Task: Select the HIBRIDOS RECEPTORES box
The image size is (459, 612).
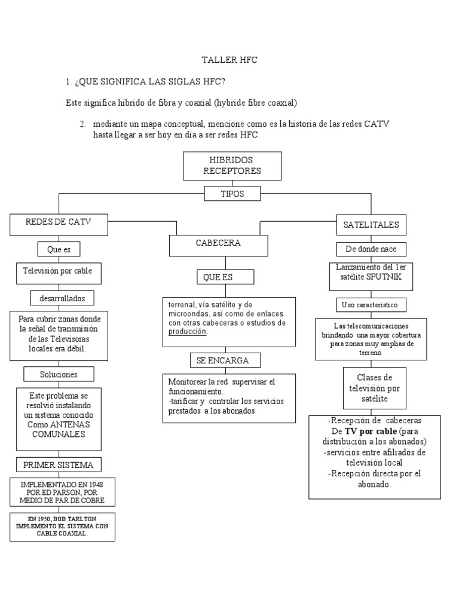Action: [232, 166]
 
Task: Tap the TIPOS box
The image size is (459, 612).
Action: [232, 194]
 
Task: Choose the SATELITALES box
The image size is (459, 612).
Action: [371, 225]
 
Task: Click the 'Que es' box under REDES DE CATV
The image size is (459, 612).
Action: [59, 249]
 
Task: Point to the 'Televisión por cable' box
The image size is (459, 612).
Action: [59, 271]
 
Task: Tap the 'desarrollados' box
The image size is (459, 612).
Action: [62, 297]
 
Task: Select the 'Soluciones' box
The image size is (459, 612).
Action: [59, 375]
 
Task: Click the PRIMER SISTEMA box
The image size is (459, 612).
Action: [58, 465]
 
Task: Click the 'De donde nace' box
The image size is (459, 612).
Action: [371, 249]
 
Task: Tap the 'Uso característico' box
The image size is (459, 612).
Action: [370, 305]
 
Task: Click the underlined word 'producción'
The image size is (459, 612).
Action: [187, 332]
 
